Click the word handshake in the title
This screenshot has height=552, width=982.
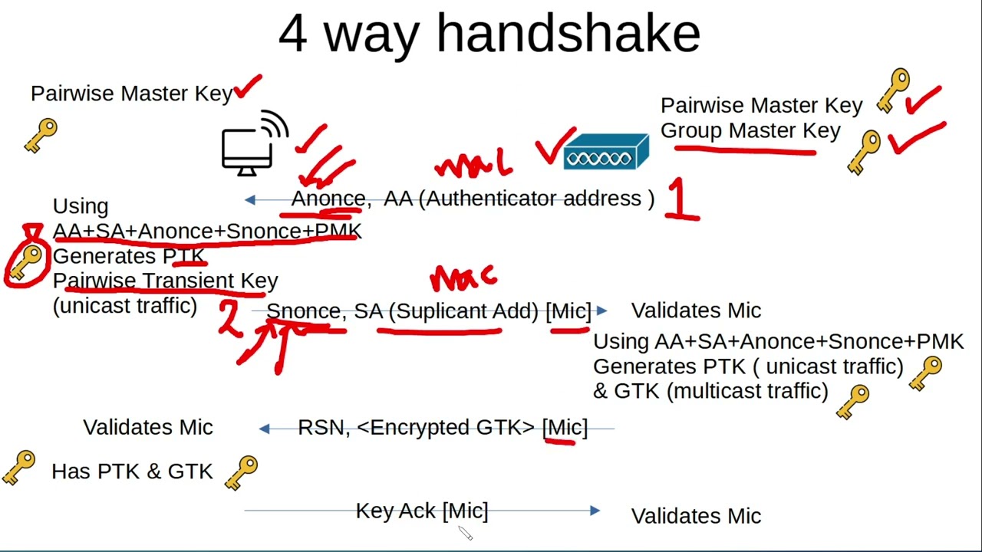[x=568, y=34]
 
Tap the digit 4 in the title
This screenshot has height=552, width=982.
[x=292, y=34]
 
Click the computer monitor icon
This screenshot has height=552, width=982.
[x=248, y=150]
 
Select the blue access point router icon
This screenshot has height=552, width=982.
[x=606, y=152]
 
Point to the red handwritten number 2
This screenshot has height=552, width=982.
[x=229, y=318]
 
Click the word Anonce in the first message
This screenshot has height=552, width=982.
[x=328, y=199]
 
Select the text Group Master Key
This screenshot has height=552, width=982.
[x=750, y=130]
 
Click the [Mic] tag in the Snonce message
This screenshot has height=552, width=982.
[x=568, y=310]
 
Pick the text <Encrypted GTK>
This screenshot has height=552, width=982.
[x=446, y=427]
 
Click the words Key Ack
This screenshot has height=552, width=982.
[x=396, y=511]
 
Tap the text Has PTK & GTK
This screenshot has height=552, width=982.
[x=132, y=472]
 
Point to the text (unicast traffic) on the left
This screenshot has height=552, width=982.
[x=125, y=305]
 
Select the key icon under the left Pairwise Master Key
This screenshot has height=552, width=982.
[x=41, y=135]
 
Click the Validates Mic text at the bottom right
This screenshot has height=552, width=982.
[x=696, y=516]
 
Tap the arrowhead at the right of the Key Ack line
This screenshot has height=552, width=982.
[x=595, y=511]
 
